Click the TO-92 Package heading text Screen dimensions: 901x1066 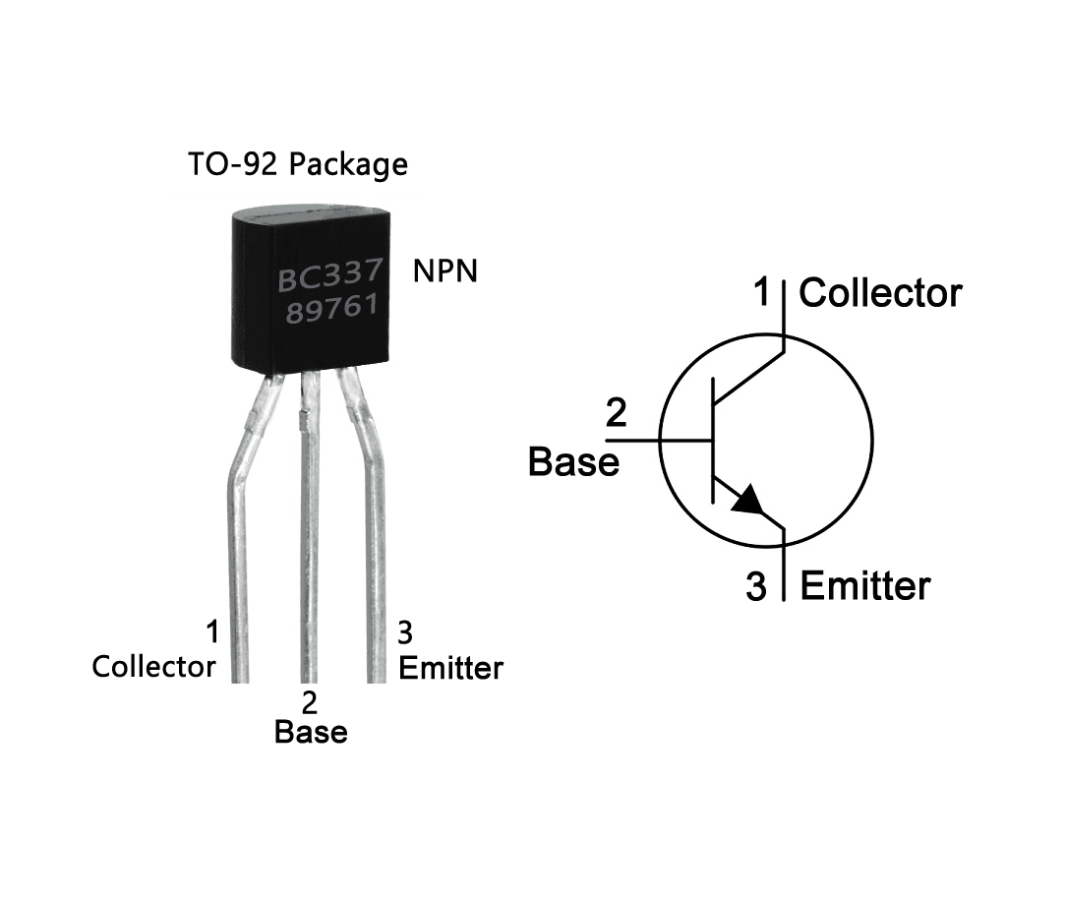297,164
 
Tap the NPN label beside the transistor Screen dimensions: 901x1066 444,271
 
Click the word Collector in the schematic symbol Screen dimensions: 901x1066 880,293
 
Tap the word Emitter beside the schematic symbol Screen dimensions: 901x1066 864,586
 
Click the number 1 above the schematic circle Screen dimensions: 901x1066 762,292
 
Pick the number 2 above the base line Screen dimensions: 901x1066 616,413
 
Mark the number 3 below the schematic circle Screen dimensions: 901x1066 755,588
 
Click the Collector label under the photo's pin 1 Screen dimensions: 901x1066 153,666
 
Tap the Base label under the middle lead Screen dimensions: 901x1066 311,732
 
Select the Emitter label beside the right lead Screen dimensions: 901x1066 450,668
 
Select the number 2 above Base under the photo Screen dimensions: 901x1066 310,702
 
